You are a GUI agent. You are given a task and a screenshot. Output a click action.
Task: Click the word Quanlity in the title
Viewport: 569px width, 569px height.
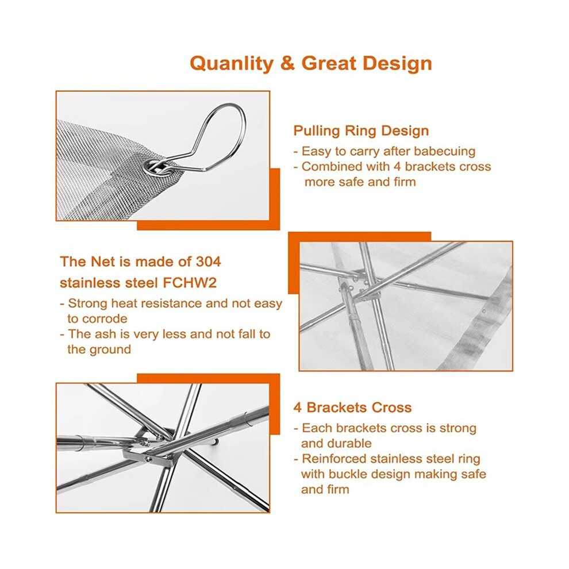click(x=232, y=63)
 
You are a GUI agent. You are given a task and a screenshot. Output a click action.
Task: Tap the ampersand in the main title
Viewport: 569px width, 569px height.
click(x=287, y=63)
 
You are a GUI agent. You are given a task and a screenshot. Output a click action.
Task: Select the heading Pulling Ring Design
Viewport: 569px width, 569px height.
click(x=361, y=130)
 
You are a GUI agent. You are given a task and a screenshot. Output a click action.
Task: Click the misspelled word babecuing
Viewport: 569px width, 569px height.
click(x=444, y=151)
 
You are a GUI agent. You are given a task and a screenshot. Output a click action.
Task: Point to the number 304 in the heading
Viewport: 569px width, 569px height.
click(x=208, y=262)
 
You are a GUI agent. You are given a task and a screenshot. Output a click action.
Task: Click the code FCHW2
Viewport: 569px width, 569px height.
click(x=190, y=283)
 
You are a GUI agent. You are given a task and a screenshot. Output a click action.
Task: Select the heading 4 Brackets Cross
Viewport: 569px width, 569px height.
click(x=352, y=407)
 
